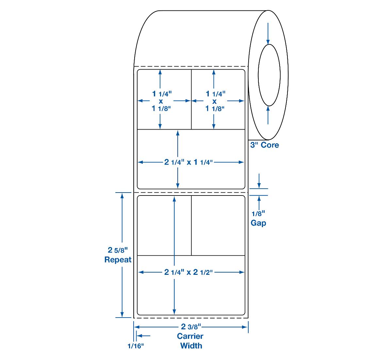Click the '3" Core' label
[x=264, y=145]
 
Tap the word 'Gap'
[x=258, y=223]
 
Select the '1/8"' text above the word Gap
[x=258, y=214]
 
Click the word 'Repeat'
[x=118, y=260]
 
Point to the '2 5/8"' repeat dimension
[x=118, y=250]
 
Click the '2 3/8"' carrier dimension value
[x=191, y=327]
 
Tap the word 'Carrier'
[x=190, y=336]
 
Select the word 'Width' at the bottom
[x=191, y=346]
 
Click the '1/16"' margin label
[x=136, y=346]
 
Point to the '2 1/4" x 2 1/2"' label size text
[x=188, y=272]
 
